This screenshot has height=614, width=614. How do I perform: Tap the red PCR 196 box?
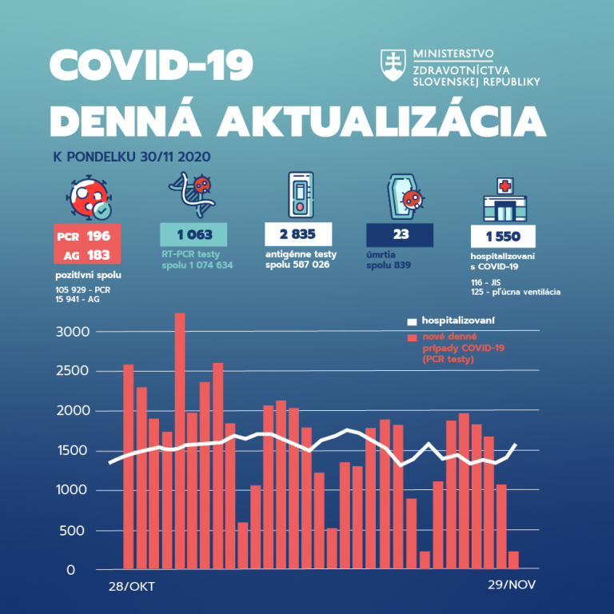click(88, 236)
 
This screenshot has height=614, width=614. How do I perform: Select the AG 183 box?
click(88, 255)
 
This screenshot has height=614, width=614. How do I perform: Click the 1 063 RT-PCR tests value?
click(194, 235)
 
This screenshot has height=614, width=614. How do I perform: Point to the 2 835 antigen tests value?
click(298, 235)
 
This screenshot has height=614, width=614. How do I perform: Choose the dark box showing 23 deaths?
click(400, 235)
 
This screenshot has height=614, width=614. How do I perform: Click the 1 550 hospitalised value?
click(502, 237)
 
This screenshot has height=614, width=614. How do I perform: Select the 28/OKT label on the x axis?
click(130, 586)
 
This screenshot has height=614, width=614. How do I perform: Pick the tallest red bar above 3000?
click(180, 440)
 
